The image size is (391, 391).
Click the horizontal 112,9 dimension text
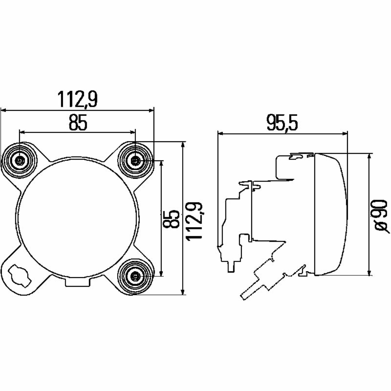pyautogui.click(x=78, y=99)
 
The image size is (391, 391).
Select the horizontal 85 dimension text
pyautogui.click(x=78, y=123)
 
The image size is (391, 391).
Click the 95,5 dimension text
pyautogui.click(x=282, y=123)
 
